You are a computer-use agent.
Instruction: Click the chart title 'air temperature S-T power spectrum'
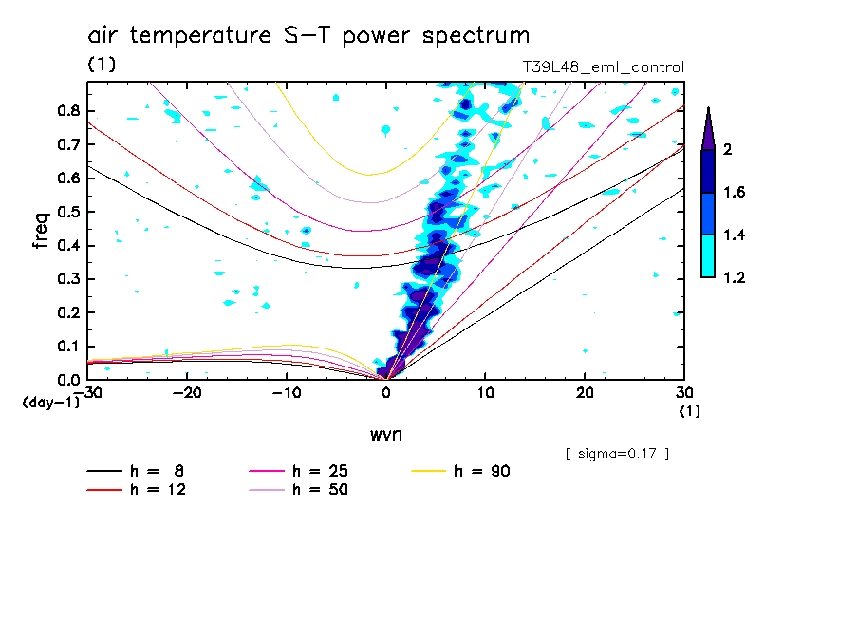(308, 36)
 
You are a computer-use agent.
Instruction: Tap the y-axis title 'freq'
(40, 231)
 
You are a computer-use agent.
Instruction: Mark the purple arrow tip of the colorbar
(708, 112)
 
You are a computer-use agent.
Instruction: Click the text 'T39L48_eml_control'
(603, 67)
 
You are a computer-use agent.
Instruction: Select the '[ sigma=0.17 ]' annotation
(617, 453)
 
